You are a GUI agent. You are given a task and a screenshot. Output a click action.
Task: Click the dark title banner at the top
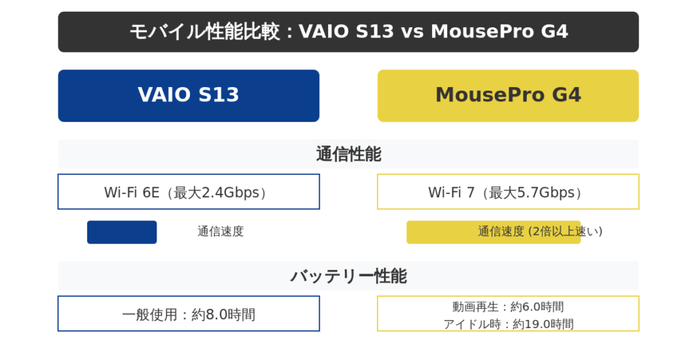[348, 32]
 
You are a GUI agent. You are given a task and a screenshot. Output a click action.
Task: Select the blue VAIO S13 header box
[189, 95]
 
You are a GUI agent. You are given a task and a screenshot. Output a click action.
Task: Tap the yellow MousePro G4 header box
[508, 95]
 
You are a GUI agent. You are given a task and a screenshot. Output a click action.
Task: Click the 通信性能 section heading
[348, 154]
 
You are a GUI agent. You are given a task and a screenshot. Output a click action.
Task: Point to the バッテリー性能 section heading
[348, 276]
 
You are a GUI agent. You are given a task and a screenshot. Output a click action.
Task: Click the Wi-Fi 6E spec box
[189, 191]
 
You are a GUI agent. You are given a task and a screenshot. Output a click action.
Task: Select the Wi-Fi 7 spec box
[508, 191]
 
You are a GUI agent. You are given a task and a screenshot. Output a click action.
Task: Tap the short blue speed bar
[122, 232]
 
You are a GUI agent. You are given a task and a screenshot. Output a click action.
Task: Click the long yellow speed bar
[493, 232]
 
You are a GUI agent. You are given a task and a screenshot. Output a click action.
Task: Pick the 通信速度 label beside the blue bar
[221, 231]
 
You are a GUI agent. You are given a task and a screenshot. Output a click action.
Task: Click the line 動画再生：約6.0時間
[508, 307]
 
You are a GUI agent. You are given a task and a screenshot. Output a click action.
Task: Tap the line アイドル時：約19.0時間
[508, 324]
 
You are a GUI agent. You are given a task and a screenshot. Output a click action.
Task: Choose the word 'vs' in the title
[412, 31]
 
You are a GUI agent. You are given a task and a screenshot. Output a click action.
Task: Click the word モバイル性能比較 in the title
[205, 31]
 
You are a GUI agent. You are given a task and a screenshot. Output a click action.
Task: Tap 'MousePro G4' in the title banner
[499, 31]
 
